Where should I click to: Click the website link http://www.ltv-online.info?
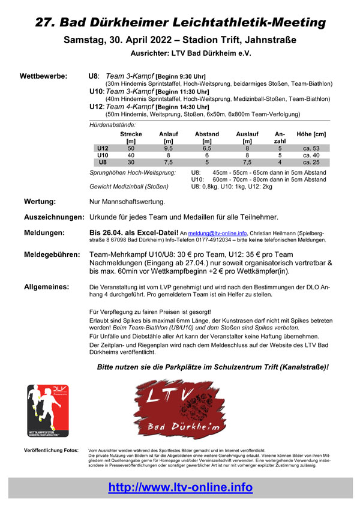pos(180,487)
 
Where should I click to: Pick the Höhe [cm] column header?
pos(311,134)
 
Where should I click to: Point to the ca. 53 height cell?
pos(311,148)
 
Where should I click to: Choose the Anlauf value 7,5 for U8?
pos(168,162)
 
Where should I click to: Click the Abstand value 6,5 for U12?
pos(207,148)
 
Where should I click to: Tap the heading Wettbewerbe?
pos(43,76)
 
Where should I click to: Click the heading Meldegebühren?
pos(52,254)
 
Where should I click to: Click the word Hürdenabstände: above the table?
pos(112,124)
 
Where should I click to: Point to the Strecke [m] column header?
pos(131,137)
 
